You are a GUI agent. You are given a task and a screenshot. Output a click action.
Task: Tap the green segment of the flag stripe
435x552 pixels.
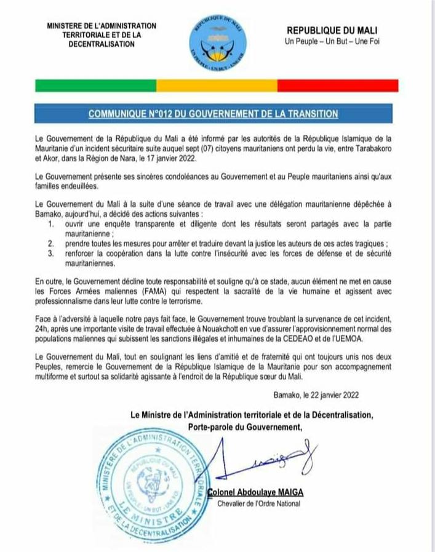[x=95, y=85]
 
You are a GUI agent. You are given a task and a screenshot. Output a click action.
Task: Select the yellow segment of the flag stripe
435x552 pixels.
[x=217, y=85]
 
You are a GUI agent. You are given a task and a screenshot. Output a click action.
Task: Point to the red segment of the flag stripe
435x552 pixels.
[x=338, y=85]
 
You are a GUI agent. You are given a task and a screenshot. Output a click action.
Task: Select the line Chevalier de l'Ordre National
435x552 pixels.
[x=259, y=504]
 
